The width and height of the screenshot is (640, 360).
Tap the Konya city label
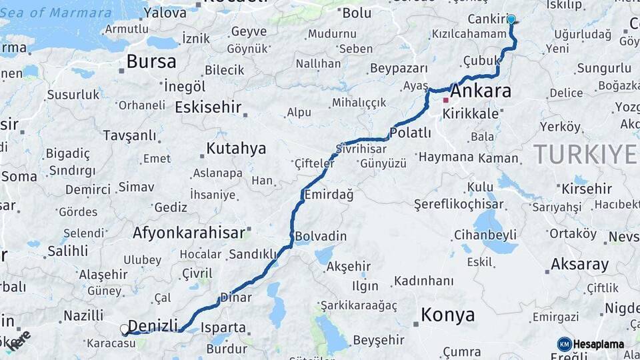(448, 315)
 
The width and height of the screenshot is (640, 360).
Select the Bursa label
(151, 62)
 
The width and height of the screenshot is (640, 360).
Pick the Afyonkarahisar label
(189, 233)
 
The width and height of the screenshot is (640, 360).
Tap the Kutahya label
(236, 148)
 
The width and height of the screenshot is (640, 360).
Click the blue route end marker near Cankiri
(511, 19)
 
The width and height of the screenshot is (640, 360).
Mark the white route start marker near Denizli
(124, 329)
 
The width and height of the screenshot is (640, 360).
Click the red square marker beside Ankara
(445, 101)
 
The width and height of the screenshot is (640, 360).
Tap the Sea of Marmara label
(71, 13)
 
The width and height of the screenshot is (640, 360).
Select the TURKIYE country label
(585, 155)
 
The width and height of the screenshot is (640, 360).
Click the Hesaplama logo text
(598, 344)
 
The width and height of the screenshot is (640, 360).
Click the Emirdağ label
(328, 195)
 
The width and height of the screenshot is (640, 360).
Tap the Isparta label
(224, 328)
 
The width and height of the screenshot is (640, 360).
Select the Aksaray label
(579, 265)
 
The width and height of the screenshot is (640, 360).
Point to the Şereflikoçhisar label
(459, 203)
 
